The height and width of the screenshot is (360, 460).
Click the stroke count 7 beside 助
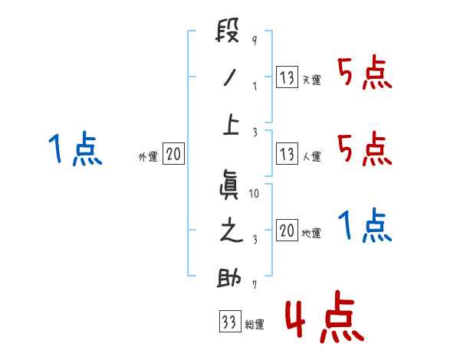pos(254,285)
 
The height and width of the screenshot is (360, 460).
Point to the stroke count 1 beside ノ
pos(254,86)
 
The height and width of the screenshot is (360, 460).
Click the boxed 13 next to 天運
pos(287,77)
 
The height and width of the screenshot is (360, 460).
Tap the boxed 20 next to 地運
pos(287,230)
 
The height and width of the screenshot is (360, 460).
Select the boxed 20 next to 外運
pos(174,154)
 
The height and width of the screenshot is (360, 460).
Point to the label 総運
pos(255,325)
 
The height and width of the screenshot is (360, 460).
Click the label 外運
pos(148,157)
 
